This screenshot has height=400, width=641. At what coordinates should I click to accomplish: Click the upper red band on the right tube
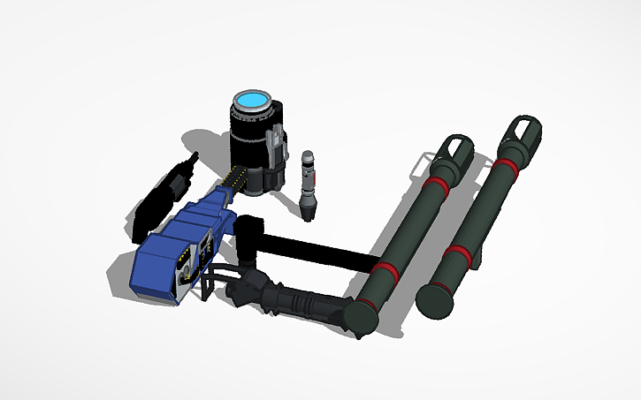click(505, 165)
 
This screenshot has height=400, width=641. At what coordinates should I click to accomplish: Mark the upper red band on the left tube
click(436, 184)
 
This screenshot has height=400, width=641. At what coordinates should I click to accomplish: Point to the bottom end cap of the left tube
click(362, 315)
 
